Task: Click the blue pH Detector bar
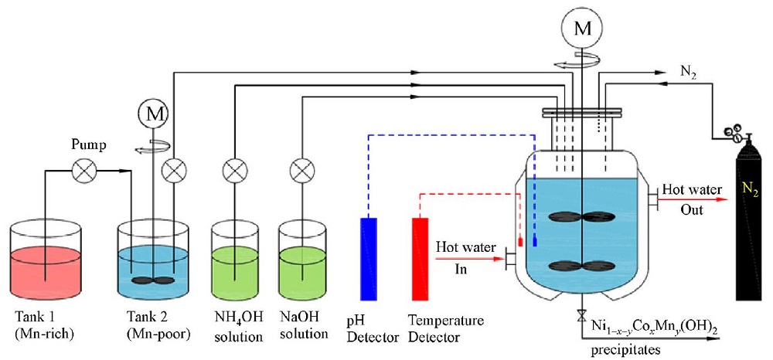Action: click(x=369, y=259)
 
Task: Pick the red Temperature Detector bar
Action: click(x=420, y=259)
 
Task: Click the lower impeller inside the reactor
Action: click(x=580, y=267)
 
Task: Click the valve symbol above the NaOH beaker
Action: click(x=300, y=169)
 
